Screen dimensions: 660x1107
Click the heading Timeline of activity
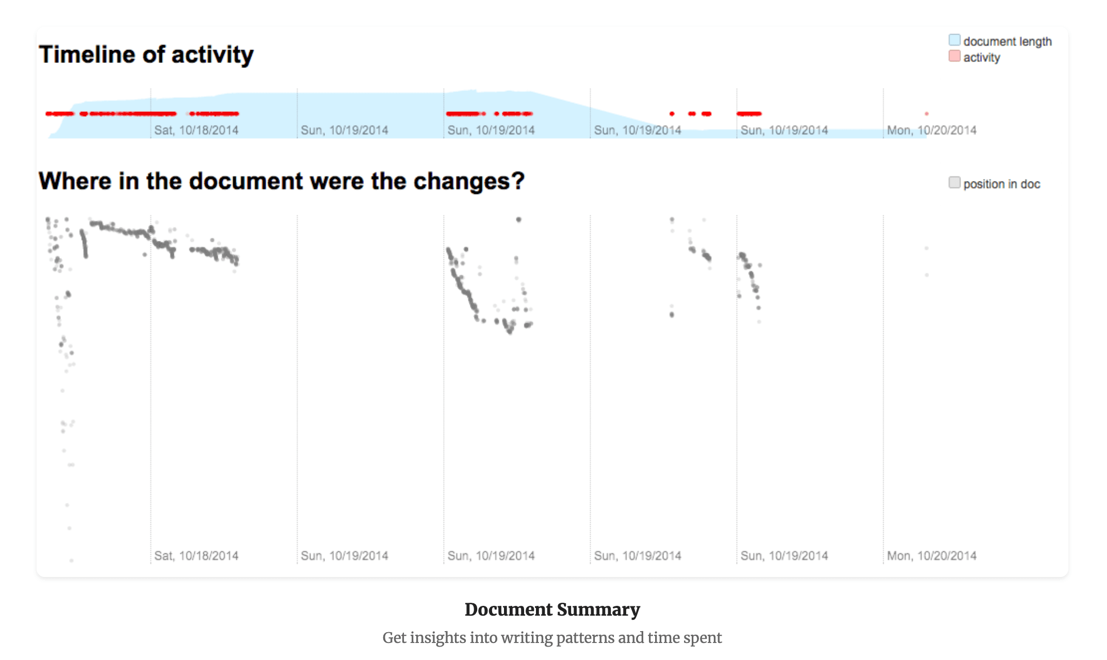point(146,55)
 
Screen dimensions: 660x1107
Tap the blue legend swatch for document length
point(954,40)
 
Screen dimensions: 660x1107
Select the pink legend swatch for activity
point(954,56)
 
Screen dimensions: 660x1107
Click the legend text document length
point(1007,41)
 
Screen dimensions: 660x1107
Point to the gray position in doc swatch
point(954,183)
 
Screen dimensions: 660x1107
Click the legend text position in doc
point(1001,184)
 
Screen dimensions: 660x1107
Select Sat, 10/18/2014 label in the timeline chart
point(196,130)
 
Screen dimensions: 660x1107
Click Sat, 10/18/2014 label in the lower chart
point(196,556)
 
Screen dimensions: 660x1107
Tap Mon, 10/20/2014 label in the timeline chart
point(932,130)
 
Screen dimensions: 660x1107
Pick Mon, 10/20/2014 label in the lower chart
point(932,556)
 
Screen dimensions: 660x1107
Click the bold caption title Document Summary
point(552,609)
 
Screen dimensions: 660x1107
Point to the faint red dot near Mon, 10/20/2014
point(926,113)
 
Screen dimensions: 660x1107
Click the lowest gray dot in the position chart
point(71,560)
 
